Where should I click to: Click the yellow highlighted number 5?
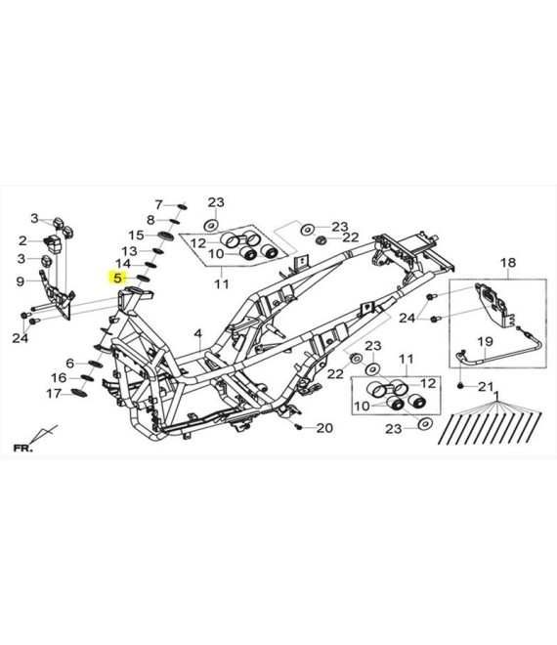coord(117,279)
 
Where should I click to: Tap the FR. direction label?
coord(22,448)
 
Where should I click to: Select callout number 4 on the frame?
coord(198,333)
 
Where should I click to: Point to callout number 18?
coord(508,263)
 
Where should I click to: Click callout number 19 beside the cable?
coord(485,341)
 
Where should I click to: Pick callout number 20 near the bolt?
coord(324,428)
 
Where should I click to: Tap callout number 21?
coord(486,387)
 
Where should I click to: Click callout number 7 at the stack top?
coord(159,204)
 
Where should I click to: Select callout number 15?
coord(136,236)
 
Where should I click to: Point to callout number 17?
coord(54,394)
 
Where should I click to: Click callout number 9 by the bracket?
coord(21,281)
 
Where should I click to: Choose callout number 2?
coord(22,241)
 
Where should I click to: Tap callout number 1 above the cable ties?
coord(497,396)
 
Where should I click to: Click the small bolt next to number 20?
coord(299,427)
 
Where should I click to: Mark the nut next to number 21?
coord(460,386)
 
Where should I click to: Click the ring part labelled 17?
coord(79,393)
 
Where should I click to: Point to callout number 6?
coord(70,364)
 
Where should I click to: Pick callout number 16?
coord(59,377)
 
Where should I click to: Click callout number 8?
coord(150,220)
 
